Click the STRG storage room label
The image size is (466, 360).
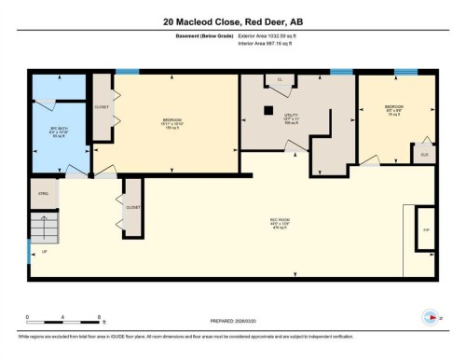pos(43,196)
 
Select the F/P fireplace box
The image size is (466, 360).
pos(425,229)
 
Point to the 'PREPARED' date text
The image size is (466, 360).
pos(232,316)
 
